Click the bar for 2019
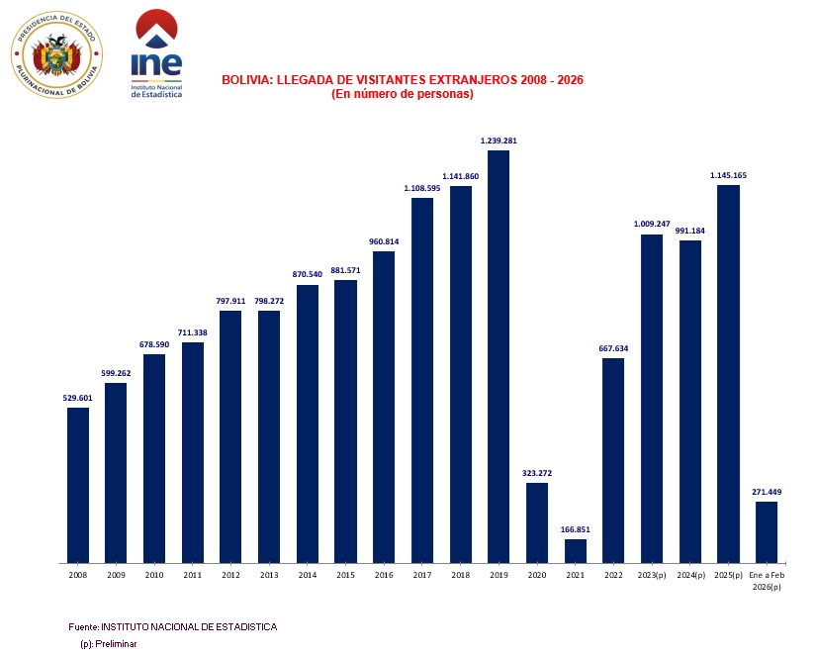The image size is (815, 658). (498, 356)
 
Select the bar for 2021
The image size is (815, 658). (576, 551)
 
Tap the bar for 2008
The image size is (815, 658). (78, 485)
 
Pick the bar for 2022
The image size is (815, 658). (613, 460)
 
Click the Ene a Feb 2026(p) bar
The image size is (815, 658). (767, 532)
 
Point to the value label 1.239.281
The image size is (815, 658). (498, 141)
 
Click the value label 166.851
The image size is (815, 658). (576, 529)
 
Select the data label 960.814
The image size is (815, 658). (384, 241)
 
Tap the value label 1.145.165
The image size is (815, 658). (728, 175)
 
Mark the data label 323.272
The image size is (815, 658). (537, 473)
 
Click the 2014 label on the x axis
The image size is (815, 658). (308, 575)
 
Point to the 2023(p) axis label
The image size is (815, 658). (652, 575)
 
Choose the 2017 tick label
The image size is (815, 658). (422, 575)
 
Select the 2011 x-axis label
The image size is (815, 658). (193, 575)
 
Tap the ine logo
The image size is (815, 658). (157, 51)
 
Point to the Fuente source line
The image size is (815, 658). (172, 627)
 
